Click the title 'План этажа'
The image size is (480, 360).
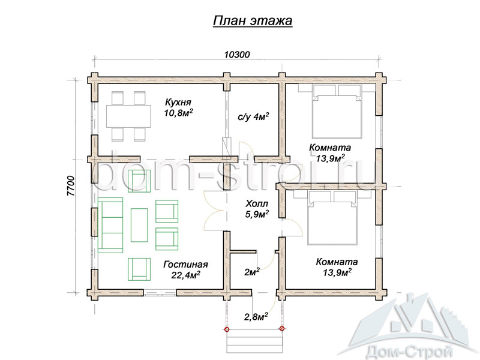[x=253, y=21]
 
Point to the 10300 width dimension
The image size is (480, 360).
[x=237, y=55]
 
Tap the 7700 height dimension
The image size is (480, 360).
[x=70, y=186]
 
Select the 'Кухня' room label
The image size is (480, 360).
[x=178, y=102]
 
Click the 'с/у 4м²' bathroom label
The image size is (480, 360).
[x=253, y=116]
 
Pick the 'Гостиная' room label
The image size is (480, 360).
[x=185, y=265]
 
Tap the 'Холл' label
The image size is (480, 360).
[x=257, y=203]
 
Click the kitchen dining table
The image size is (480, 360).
[x=128, y=116]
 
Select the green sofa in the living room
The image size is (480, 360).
[x=110, y=225]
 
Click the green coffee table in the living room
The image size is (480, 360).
[x=139, y=225]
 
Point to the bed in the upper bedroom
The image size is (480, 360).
[x=337, y=112]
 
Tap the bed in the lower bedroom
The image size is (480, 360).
[x=332, y=218]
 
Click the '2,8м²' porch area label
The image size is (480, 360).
[x=256, y=316]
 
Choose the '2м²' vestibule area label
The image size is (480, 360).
[x=252, y=272]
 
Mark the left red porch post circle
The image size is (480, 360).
[x=227, y=329]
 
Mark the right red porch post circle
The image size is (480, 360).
[x=282, y=329]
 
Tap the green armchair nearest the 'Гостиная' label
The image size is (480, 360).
[x=139, y=269]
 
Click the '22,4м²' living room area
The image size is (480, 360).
[x=185, y=275]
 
